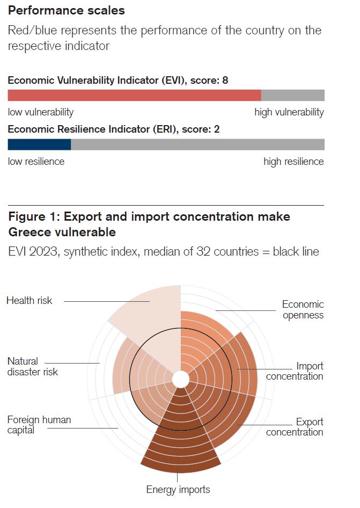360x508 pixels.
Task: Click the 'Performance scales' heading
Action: (x=66, y=10)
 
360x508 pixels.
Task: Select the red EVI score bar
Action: (x=134, y=96)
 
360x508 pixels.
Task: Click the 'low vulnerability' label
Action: (x=41, y=112)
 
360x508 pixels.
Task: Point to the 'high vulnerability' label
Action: (x=289, y=112)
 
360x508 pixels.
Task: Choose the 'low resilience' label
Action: (x=36, y=162)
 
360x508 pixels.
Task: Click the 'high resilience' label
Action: (x=293, y=162)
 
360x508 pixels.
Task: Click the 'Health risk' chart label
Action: (x=30, y=301)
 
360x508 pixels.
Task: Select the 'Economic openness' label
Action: (x=303, y=309)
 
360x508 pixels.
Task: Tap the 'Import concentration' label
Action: (x=295, y=371)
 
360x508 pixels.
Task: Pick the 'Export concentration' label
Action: (x=295, y=427)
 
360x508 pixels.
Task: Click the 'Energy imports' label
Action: (x=178, y=489)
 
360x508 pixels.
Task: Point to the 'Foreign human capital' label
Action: (x=39, y=425)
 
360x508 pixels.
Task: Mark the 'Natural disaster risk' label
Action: (x=33, y=367)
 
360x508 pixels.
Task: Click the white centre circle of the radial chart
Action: (x=181, y=380)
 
